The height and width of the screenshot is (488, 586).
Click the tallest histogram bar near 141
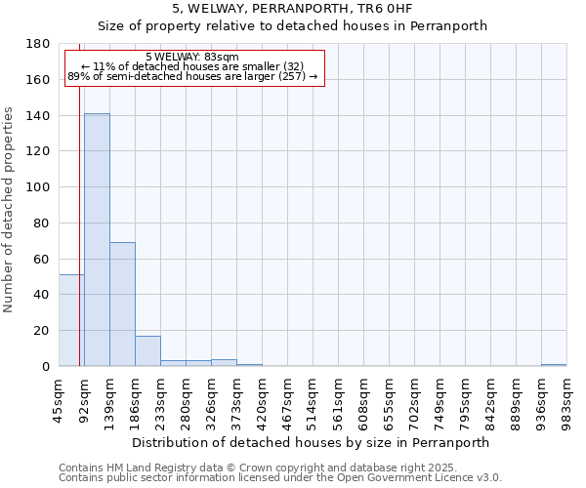pos(97,240)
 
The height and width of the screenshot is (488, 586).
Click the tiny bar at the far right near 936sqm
pos(554,365)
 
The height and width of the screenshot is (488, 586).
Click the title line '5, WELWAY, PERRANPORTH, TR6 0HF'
pos(293,9)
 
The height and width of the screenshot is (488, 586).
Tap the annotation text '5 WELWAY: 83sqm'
pos(191,58)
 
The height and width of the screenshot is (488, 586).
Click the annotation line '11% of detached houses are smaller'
pos(192,66)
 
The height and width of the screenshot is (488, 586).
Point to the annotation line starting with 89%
pos(192,76)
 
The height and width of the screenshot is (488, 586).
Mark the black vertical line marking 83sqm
pos(79,244)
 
